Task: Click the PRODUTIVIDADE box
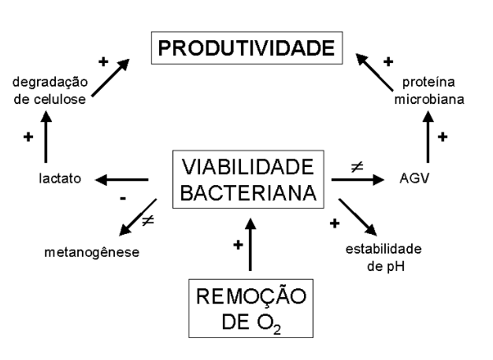[247, 49]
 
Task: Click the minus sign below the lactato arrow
[123, 199]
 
